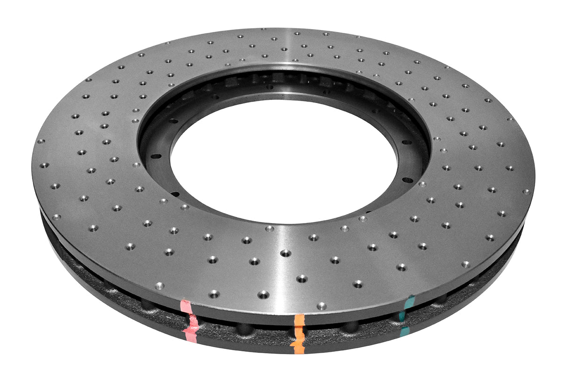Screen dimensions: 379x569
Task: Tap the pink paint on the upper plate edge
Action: pyautogui.click(x=186, y=307)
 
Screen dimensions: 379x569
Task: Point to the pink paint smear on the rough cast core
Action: pyautogui.click(x=192, y=322)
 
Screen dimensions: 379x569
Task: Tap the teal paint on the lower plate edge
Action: pyautogui.click(x=404, y=332)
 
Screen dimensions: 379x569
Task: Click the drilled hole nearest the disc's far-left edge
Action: pyautogui.click(x=41, y=141)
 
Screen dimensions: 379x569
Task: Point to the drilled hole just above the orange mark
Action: pyautogui.click(x=321, y=306)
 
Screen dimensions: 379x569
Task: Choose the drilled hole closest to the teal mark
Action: pyautogui.click(x=401, y=268)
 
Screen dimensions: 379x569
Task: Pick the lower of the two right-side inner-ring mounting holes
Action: pyautogui.click(x=408, y=180)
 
